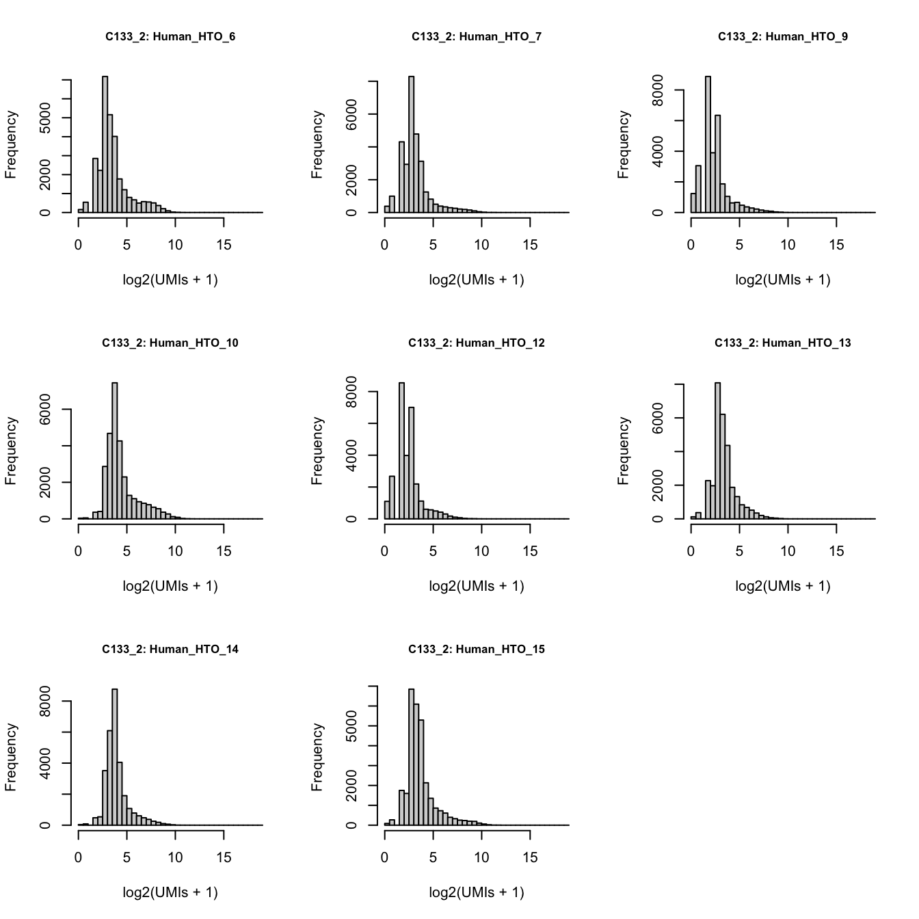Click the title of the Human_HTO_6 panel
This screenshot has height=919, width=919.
click(x=170, y=37)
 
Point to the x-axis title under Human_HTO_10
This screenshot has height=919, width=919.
click(x=170, y=586)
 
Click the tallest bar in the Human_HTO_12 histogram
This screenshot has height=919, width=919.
click(x=401, y=451)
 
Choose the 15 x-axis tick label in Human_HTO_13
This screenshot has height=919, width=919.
click(x=836, y=551)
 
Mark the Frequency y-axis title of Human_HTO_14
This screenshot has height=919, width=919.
click(x=11, y=758)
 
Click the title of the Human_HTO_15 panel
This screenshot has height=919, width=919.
click(x=477, y=650)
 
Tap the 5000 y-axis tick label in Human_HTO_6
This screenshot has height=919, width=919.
click(x=44, y=118)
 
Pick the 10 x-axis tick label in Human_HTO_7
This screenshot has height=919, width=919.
click(x=481, y=245)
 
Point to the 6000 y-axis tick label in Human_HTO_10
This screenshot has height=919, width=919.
click(x=44, y=410)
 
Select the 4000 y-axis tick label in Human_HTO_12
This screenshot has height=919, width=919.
click(x=351, y=455)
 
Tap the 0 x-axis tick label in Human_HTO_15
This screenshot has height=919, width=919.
click(x=384, y=857)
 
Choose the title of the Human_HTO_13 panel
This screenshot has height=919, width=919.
click(x=783, y=343)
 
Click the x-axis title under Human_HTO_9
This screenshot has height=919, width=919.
click(x=783, y=280)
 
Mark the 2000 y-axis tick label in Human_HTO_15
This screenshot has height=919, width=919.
click(x=351, y=786)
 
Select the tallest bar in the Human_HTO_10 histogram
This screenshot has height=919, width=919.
click(x=115, y=451)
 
